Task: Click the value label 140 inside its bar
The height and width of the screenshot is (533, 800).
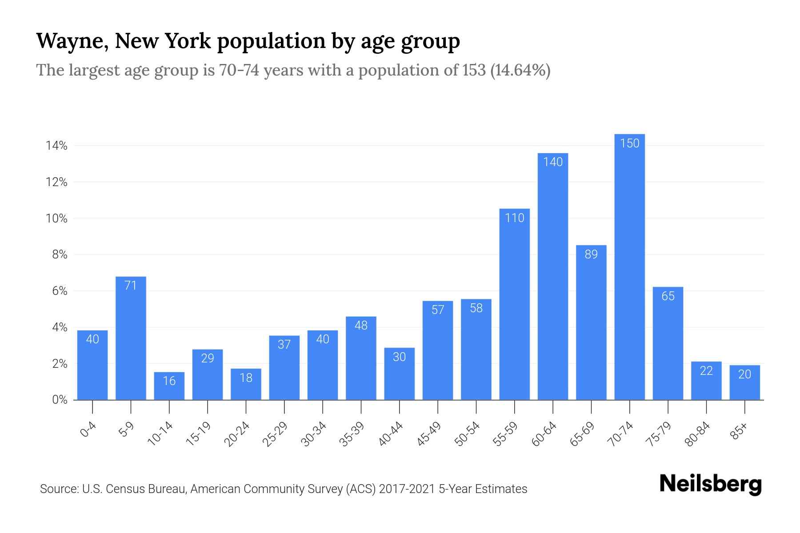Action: pyautogui.click(x=553, y=162)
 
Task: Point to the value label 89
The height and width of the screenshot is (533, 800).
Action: pyautogui.click(x=591, y=255)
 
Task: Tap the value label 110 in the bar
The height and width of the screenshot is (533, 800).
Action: pyautogui.click(x=515, y=218)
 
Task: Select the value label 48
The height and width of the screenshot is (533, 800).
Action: pyautogui.click(x=361, y=326)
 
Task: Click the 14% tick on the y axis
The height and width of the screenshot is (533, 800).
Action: pyautogui.click(x=56, y=146)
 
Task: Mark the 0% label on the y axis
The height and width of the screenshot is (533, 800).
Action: pyautogui.click(x=60, y=400)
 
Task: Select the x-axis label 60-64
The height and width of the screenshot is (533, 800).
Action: pyautogui.click(x=544, y=434)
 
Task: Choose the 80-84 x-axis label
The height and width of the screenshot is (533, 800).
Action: pyautogui.click(x=697, y=434)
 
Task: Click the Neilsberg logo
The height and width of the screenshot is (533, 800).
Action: pyautogui.click(x=710, y=484)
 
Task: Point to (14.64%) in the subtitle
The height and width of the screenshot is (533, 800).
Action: pyautogui.click(x=520, y=70)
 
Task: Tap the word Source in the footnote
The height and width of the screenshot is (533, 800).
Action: pyautogui.click(x=58, y=489)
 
